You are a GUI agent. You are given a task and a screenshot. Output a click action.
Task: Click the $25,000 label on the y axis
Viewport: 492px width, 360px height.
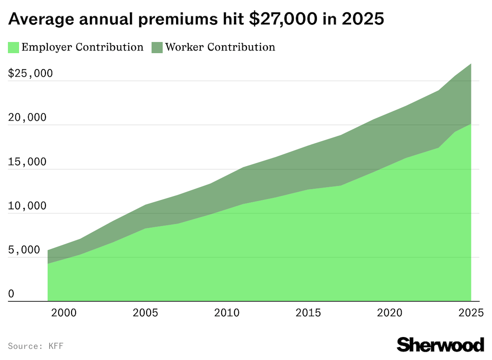[30, 74]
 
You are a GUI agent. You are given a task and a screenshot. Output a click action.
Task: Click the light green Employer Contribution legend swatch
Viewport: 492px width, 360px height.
[13, 48]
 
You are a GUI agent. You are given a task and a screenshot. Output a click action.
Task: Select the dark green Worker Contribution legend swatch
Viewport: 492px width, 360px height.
[157, 48]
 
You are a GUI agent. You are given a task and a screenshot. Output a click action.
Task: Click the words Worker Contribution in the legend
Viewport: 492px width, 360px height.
[220, 47]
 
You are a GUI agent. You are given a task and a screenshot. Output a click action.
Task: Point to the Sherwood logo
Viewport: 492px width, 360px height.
[440, 344]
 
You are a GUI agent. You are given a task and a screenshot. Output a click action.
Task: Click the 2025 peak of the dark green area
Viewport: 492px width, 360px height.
[471, 64]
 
